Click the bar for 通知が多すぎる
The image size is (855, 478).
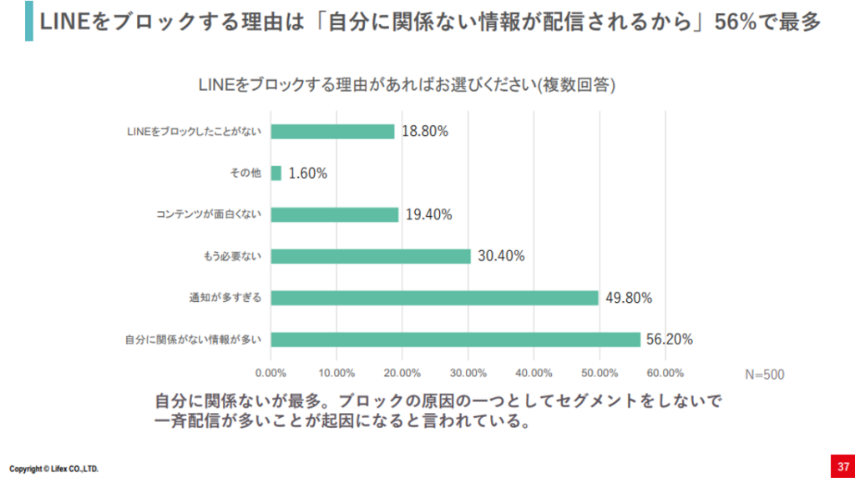pos(435,298)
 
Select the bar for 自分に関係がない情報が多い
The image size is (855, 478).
pos(455,340)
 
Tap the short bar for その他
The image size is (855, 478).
pos(276,174)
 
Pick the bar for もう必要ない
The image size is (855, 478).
pos(371,256)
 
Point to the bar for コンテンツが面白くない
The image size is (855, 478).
pos(335,214)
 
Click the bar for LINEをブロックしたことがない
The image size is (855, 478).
pos(332,132)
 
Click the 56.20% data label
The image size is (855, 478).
pos(668,340)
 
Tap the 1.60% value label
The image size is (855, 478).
pos(307,174)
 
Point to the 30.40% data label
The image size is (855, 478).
pos(501,256)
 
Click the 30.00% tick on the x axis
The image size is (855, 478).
pos(468,373)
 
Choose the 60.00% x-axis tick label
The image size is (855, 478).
pos(665,373)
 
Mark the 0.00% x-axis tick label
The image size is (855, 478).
pos(271,373)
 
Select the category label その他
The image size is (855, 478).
pos(245,174)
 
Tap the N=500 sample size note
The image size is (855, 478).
pos(764,375)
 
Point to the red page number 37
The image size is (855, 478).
pos(842,465)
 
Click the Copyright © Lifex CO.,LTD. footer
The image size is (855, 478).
pos(53,469)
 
